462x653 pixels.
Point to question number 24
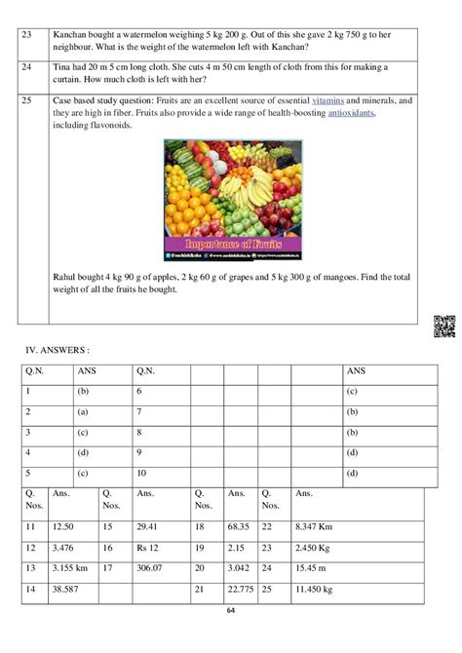[x=27, y=68]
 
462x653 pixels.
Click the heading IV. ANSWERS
[x=59, y=347]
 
